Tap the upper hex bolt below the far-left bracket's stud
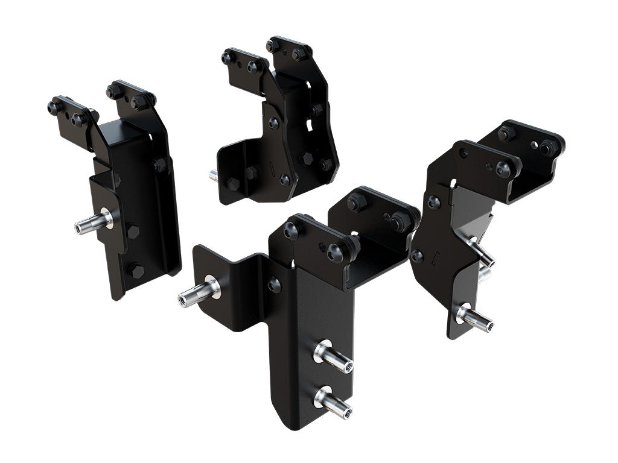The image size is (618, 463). pos(132,231)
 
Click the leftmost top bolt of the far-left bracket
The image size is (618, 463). pos(54,108)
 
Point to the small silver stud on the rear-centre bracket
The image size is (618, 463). pos(214,176)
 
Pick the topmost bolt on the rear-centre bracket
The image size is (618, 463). pos(273,45)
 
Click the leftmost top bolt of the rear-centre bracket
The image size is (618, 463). pos(228,58)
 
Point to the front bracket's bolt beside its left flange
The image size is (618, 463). pos(274,285)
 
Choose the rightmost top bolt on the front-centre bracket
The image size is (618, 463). pos(400,221)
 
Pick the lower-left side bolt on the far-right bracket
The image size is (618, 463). pos(417,256)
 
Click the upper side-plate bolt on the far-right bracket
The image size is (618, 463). pos(433,203)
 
